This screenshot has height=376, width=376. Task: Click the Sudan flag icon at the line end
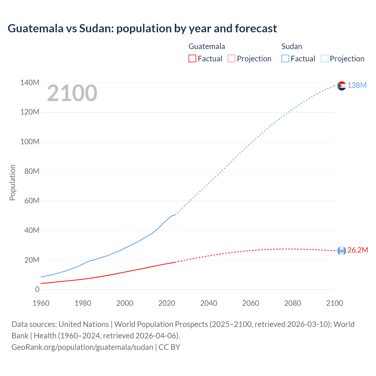coord(342,86)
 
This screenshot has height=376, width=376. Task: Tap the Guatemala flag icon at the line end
coord(342,251)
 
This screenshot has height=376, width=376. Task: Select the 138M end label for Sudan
coord(357,85)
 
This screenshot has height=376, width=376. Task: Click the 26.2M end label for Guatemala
coord(357,250)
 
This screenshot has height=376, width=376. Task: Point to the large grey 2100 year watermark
coord(72,93)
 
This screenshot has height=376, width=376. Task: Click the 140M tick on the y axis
coord(30,83)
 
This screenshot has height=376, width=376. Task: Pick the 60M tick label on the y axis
coord(31,201)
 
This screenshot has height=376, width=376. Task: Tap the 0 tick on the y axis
coord(37,289)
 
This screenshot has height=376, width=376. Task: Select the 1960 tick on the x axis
coord(41,303)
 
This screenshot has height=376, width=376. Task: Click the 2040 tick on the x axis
coord(209,303)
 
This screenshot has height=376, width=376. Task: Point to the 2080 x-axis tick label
coord(292,303)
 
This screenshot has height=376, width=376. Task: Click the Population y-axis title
coord(12,182)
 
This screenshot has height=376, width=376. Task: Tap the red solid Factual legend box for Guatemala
coord(192,58)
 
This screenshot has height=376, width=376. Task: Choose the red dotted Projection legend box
coord(231,58)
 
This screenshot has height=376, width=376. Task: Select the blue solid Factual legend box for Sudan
coord(285,58)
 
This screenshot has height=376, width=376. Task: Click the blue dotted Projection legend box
coord(324,58)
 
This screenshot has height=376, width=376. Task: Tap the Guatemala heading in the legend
coord(207,46)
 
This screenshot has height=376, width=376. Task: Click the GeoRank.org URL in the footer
coord(82,347)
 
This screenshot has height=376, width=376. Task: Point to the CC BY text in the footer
coord(169,347)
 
